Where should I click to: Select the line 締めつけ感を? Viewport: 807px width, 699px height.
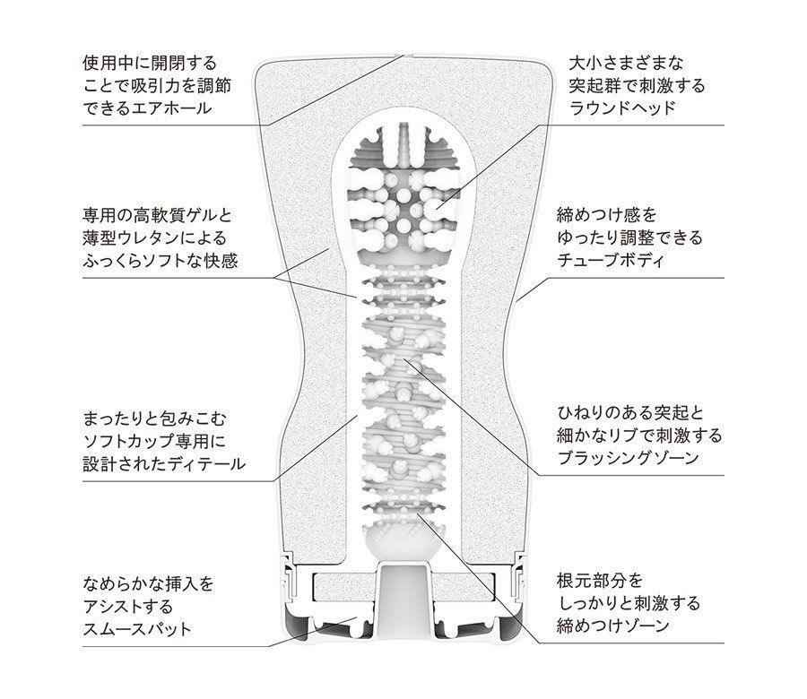(x=607, y=216)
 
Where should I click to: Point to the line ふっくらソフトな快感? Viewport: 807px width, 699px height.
(x=161, y=263)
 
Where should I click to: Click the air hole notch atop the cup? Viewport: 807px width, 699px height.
(x=398, y=56)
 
